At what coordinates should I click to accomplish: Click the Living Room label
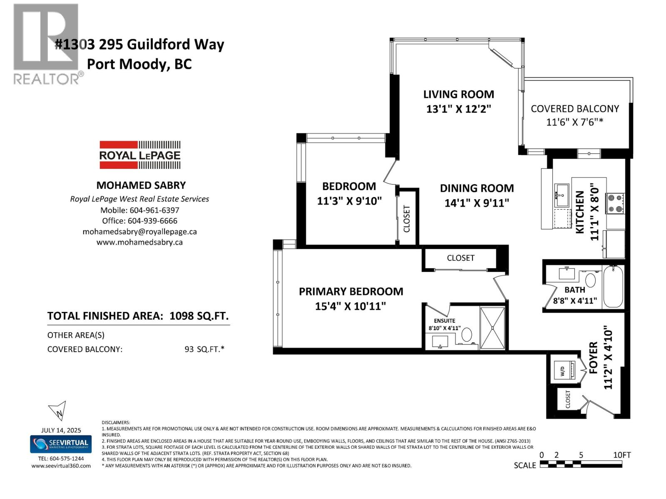click(x=458, y=94)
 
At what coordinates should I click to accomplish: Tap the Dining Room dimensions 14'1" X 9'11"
click(x=477, y=203)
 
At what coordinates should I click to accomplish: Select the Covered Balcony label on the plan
click(x=574, y=109)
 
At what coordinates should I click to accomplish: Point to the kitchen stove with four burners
click(x=615, y=204)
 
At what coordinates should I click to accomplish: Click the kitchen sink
click(x=562, y=195)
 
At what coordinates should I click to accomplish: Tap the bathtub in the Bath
click(x=613, y=287)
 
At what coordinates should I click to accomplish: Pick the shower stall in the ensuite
click(x=492, y=328)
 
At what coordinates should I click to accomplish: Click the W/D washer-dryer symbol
click(x=562, y=369)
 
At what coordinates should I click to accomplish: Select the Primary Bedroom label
click(x=351, y=291)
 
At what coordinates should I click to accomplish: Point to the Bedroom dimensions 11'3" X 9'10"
click(x=349, y=201)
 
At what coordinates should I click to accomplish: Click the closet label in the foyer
click(x=568, y=399)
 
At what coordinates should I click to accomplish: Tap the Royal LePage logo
click(x=140, y=155)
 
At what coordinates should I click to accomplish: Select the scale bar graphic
click(x=581, y=464)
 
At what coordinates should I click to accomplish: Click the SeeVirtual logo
click(x=61, y=444)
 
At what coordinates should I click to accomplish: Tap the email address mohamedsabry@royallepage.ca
click(x=139, y=232)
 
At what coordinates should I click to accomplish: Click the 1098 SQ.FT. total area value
click(x=199, y=316)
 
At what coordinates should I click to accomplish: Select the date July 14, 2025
click(x=61, y=430)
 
